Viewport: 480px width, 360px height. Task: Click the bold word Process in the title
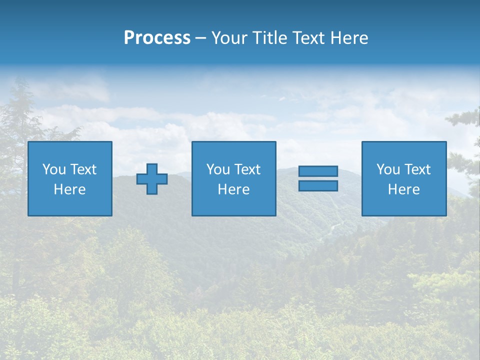157,38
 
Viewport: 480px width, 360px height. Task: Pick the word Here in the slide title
349,38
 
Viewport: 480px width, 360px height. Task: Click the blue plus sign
152,178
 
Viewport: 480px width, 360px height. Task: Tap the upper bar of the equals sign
318,171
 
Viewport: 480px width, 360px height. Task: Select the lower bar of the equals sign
318,185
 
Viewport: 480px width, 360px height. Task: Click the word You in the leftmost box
54,169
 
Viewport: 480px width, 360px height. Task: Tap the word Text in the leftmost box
83,169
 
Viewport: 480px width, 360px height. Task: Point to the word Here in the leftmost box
70,189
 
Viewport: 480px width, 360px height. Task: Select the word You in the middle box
218,169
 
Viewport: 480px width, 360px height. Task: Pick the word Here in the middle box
233,189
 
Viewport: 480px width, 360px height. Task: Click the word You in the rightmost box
388,169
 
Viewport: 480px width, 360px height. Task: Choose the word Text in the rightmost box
417,169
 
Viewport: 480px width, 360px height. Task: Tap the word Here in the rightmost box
404,189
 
